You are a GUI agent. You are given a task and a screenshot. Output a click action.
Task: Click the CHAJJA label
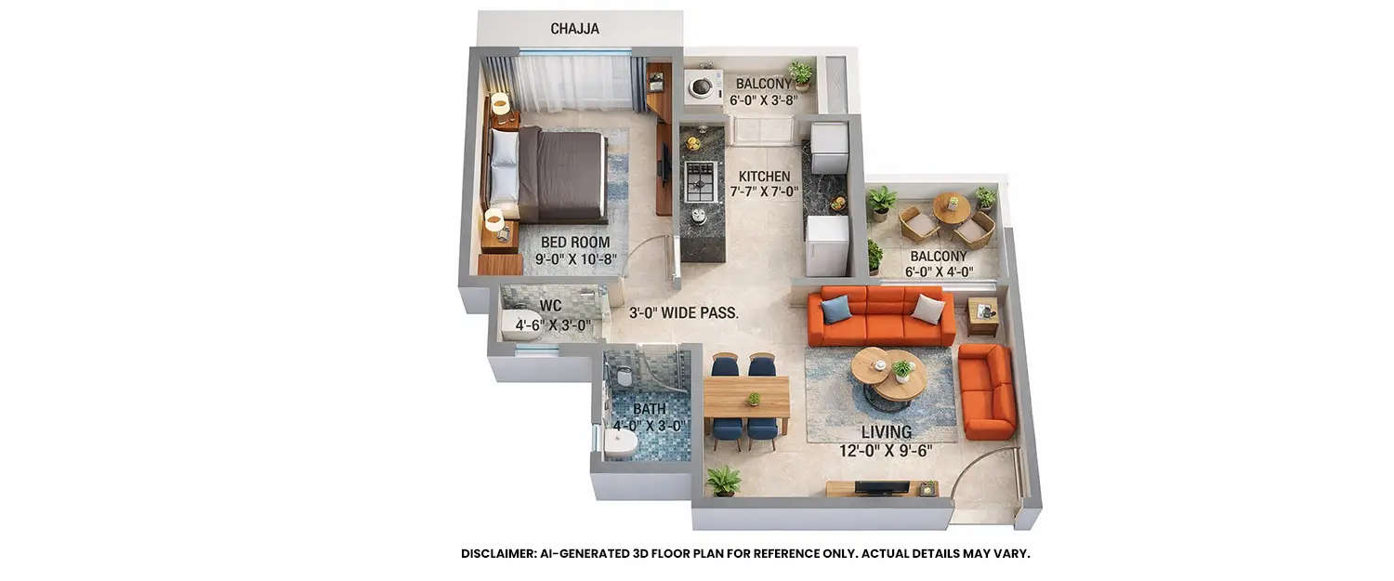(x=574, y=29)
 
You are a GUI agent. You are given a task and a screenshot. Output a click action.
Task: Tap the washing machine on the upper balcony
(x=703, y=86)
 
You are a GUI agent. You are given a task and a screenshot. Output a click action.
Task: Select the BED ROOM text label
(x=575, y=243)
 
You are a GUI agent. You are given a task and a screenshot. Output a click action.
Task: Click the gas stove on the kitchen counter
(x=700, y=181)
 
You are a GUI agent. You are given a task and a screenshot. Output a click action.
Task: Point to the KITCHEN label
(x=764, y=177)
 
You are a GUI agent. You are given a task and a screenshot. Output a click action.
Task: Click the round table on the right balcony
(x=951, y=207)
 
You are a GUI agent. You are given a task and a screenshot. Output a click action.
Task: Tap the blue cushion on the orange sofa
(x=835, y=309)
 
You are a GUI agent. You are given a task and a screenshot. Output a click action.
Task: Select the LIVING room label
(x=886, y=432)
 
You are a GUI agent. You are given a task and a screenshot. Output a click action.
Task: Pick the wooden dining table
(x=746, y=398)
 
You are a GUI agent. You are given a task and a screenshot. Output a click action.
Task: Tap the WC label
(x=550, y=306)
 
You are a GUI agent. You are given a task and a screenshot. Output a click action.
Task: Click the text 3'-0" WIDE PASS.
(x=683, y=313)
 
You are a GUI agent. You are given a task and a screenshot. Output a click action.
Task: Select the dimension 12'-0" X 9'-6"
(x=885, y=452)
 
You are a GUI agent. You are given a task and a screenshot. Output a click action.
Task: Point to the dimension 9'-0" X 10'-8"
(x=575, y=260)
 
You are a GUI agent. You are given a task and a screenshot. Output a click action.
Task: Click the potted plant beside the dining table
(x=722, y=481)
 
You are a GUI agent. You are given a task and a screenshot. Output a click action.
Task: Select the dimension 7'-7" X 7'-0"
(x=764, y=192)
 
